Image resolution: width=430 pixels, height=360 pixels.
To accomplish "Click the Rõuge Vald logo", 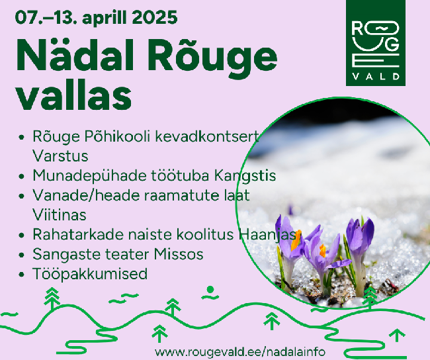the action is click(x=376, y=43).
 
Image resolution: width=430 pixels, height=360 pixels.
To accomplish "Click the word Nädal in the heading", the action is click(x=75, y=55).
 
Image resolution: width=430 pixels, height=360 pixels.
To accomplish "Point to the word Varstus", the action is click(x=60, y=156).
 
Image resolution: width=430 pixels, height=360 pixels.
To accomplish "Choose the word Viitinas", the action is click(x=60, y=215).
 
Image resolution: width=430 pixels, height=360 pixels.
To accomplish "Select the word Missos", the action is click(x=179, y=254).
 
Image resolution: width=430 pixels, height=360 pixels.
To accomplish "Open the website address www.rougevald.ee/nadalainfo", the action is click(x=240, y=352).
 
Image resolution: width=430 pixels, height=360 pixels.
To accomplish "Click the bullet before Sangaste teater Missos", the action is click(x=22, y=255).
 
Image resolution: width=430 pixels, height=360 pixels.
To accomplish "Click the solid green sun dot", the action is click(x=210, y=289).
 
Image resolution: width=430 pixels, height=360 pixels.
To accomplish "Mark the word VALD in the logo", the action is click(x=376, y=76).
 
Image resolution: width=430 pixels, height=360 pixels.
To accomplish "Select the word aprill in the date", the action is click(x=105, y=19).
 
